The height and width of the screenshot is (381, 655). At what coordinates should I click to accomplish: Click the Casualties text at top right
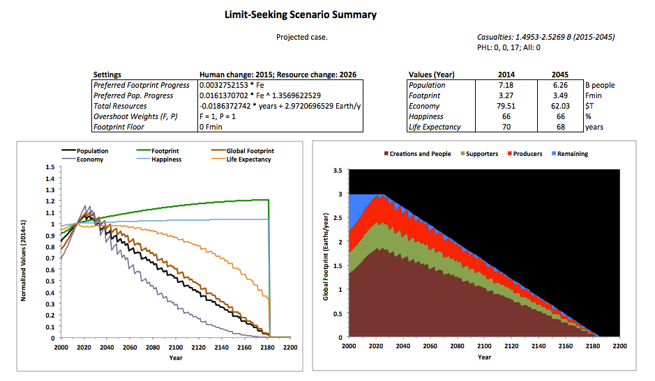point(540,37)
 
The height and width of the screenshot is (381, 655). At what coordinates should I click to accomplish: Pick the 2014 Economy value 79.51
point(506,106)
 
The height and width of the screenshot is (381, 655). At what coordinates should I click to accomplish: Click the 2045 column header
point(559,75)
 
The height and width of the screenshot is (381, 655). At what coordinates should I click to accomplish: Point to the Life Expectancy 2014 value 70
point(506,127)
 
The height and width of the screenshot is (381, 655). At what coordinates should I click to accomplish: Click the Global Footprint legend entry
point(250,150)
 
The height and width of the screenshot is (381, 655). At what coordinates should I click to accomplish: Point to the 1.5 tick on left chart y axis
point(49,167)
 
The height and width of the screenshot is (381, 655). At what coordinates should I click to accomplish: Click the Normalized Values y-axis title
point(24,252)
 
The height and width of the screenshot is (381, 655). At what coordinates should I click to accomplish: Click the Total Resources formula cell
point(280,106)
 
